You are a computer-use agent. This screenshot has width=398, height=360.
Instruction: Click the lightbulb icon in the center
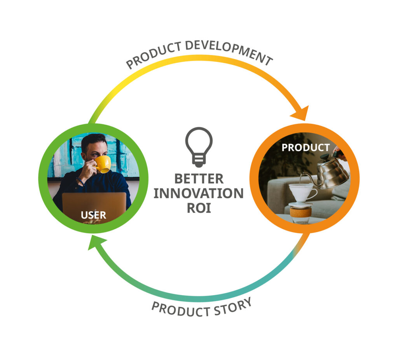[x=199, y=147]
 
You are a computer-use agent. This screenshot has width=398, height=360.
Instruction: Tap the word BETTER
[x=199, y=179]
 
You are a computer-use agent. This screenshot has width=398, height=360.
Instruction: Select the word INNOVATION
[x=199, y=193]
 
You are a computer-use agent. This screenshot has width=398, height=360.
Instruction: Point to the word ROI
[x=199, y=208]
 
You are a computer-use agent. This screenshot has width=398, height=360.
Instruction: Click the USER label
[x=93, y=215]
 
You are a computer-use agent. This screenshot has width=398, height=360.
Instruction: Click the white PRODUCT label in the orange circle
[x=305, y=148]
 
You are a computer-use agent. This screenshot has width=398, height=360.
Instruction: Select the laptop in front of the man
[x=94, y=207]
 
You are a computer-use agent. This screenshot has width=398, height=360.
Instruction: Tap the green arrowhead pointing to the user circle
[x=96, y=242]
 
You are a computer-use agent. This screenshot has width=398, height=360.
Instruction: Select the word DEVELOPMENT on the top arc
[x=229, y=52]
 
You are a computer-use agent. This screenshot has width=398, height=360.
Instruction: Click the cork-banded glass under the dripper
[x=300, y=214]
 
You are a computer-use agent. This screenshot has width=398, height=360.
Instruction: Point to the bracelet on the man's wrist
[x=80, y=181]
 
